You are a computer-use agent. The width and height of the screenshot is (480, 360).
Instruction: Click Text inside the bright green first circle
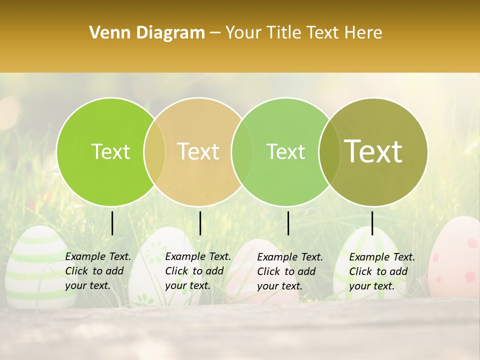coord(110,151)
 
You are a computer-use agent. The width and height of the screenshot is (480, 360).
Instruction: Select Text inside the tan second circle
coord(198,151)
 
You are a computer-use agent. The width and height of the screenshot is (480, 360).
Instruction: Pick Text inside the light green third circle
coord(285,151)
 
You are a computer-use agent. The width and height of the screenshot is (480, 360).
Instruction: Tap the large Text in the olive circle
coord(373,151)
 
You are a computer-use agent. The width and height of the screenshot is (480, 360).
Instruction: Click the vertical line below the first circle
coord(112,223)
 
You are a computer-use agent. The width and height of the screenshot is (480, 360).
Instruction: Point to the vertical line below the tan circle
coord(200,223)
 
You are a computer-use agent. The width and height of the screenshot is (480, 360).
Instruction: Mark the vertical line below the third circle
coord(288,223)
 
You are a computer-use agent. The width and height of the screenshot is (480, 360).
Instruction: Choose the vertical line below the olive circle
coord(372,223)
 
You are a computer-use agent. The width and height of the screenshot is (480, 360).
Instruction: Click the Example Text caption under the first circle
coord(98,271)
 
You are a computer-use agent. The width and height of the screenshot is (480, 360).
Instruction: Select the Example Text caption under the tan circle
coord(198,271)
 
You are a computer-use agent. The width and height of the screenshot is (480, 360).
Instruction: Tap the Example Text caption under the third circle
coord(290,271)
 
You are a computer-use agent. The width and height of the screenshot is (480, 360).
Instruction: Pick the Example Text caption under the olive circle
coord(382,271)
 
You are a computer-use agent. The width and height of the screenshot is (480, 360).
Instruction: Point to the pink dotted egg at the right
coord(457,260)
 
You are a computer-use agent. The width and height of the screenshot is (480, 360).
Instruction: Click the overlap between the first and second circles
coord(154,151)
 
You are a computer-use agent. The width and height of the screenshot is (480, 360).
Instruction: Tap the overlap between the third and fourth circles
coord(327,151)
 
